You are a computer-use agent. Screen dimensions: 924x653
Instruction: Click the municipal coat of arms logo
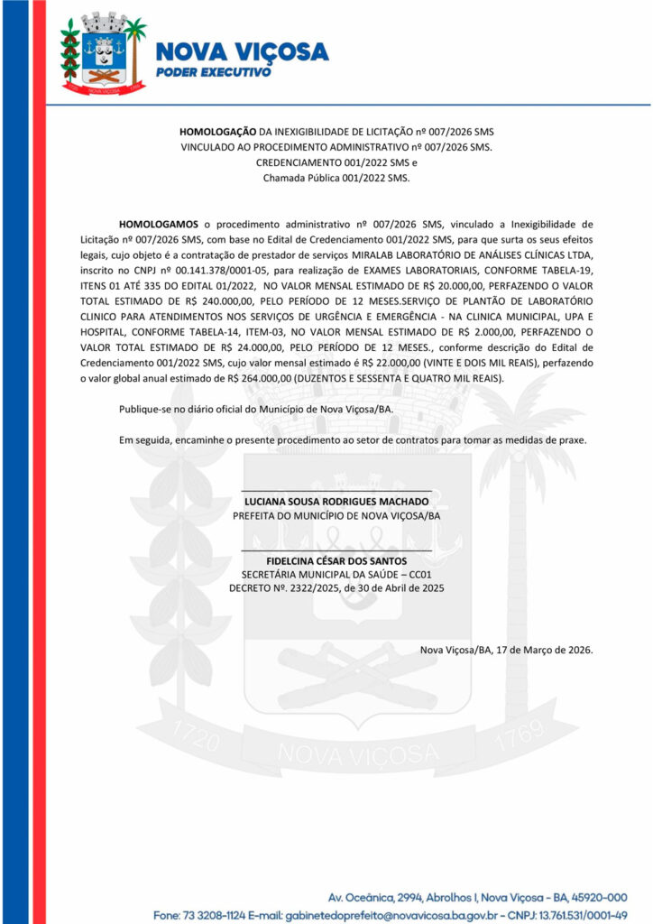tap(103, 54)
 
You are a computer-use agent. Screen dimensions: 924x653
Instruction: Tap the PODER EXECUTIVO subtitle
tap(214, 71)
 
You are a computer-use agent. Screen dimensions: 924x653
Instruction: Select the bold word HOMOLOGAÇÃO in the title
tap(218, 132)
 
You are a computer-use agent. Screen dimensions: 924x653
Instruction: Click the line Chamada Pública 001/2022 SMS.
tap(336, 178)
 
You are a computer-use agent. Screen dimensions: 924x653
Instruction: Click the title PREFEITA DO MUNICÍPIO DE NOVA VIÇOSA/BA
tap(336, 515)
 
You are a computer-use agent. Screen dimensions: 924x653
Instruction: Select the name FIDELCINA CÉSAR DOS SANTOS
tap(336, 560)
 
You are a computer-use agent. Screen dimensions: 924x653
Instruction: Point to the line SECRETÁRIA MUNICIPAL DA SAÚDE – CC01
tap(336, 574)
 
